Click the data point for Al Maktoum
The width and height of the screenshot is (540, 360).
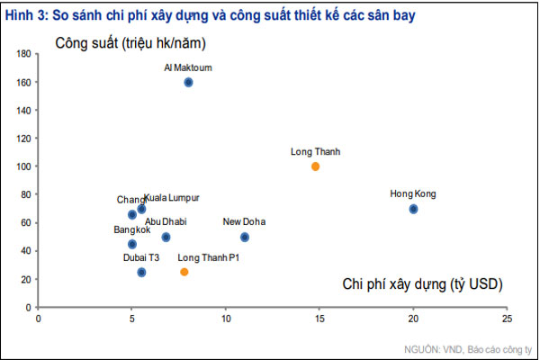(x=189, y=82)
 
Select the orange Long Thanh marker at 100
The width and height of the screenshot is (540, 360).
(x=315, y=166)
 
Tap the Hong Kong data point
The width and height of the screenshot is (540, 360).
(x=413, y=209)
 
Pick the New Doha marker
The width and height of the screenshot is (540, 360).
(x=245, y=238)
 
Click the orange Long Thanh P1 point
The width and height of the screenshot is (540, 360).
(x=184, y=272)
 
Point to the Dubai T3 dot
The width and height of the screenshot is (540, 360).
(x=141, y=272)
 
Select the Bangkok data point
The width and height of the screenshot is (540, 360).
(x=132, y=244)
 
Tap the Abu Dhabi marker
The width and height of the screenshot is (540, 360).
(x=166, y=238)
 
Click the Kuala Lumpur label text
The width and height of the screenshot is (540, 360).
(x=172, y=198)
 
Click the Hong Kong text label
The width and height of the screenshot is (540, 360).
(x=413, y=193)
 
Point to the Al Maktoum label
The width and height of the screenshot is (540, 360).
(x=188, y=67)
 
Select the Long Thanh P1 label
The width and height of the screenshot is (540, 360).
(x=208, y=257)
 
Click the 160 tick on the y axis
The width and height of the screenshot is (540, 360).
(x=24, y=82)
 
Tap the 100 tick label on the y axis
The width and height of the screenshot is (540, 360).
(x=24, y=166)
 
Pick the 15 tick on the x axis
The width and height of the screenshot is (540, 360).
(x=319, y=318)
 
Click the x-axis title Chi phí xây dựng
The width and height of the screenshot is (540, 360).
(x=422, y=284)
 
